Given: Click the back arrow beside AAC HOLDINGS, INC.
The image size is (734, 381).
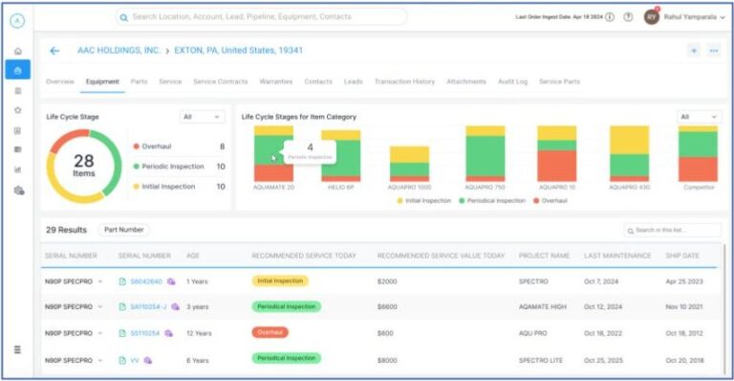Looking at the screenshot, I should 54,51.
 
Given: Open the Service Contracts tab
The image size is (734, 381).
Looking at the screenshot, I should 220,81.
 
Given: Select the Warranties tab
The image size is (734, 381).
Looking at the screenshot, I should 275,81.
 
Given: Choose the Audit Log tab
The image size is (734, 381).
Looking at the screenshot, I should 512,81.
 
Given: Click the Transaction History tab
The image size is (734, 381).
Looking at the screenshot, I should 404,81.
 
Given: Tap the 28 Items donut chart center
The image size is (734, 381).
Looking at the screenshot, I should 84,166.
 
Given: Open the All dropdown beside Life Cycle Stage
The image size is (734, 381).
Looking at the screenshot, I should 202,117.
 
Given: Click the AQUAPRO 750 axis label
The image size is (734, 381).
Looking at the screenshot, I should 485,188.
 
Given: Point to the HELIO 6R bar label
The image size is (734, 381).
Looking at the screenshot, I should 340,188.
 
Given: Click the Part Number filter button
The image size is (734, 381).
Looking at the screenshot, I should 124,230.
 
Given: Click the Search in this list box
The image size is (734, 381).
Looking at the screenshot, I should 673,231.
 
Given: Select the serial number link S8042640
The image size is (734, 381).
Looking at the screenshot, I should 145,281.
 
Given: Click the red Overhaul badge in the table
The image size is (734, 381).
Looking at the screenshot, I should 270,333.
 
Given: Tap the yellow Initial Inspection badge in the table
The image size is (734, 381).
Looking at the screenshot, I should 280,281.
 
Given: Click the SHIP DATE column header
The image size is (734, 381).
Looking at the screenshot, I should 682,256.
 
